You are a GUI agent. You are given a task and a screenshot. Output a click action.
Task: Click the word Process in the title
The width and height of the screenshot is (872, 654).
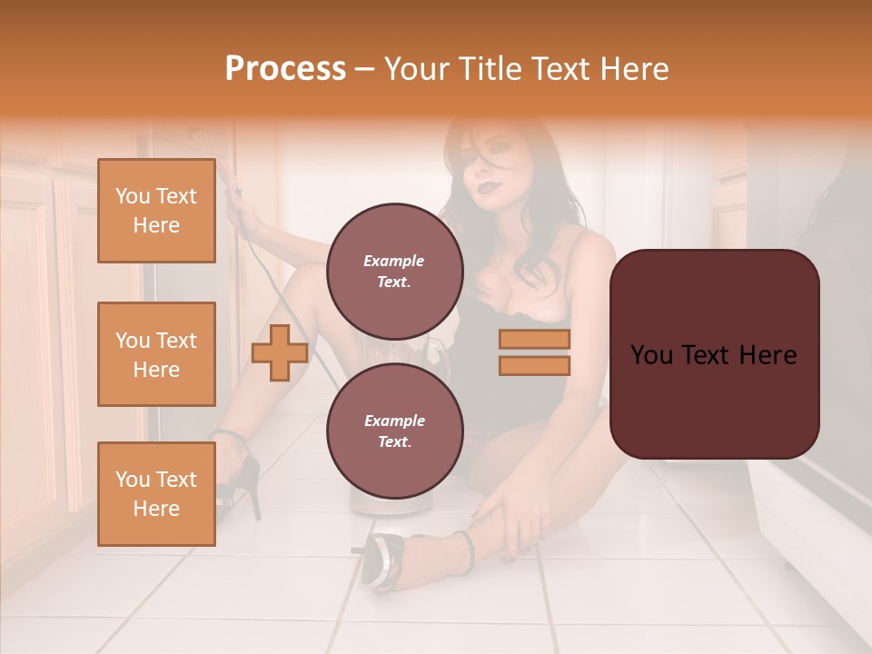click(285, 69)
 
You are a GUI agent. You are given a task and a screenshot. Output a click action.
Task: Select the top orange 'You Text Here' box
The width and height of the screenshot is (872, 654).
click(156, 211)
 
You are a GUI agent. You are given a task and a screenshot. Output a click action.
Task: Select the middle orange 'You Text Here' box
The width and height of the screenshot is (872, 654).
click(156, 354)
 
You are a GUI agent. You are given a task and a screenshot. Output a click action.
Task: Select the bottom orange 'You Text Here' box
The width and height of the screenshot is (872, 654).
click(156, 494)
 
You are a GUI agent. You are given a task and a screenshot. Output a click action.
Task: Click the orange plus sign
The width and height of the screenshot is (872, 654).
click(279, 352)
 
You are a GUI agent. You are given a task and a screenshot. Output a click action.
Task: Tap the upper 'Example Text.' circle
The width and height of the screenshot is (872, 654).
click(394, 272)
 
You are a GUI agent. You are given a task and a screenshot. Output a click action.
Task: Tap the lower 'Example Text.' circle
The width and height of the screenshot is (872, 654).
click(394, 431)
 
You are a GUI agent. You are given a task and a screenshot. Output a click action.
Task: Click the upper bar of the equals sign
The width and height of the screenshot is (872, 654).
click(534, 340)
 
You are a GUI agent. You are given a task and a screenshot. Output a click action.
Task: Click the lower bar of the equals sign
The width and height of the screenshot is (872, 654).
click(534, 365)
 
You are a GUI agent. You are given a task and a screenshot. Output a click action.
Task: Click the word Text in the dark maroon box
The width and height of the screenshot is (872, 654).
click(714, 355)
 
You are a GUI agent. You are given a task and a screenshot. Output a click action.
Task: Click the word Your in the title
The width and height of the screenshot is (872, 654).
click(419, 69)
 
